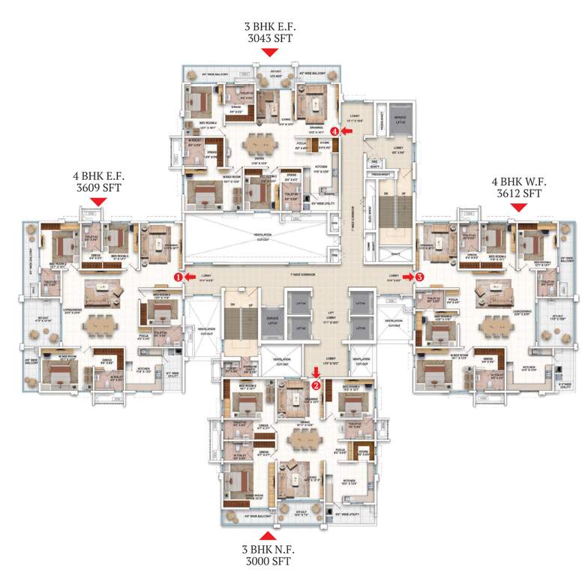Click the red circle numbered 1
click(x=178, y=276)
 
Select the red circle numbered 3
click(x=419, y=276)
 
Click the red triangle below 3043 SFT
click(x=269, y=52)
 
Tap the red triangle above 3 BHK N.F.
click(x=265, y=535)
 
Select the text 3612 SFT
click(x=517, y=193)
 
